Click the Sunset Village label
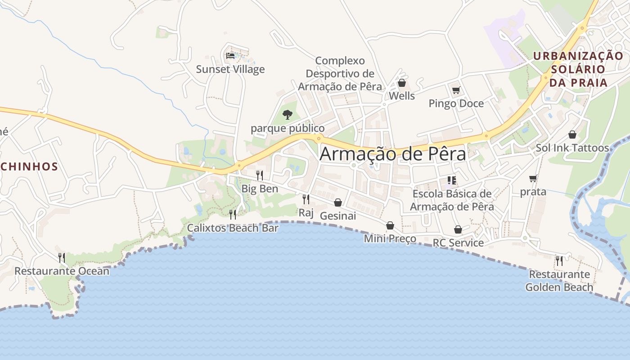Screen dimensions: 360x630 coord(230,69)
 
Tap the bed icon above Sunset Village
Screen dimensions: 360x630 coord(230,56)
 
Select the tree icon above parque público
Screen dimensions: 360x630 coord(287,115)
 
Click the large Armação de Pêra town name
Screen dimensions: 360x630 coord(393,154)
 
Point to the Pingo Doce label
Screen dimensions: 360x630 coord(456,103)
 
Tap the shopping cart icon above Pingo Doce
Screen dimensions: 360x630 coord(456,90)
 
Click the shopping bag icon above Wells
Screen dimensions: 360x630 coord(402,83)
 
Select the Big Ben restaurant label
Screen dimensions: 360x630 coord(260,189)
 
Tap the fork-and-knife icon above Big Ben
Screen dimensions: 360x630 coord(260,175)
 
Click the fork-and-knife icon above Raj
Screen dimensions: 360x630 coord(306,199)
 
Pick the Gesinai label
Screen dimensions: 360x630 coord(337,216)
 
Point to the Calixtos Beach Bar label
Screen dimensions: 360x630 coord(233,228)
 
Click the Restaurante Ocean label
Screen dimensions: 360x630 coord(62,271)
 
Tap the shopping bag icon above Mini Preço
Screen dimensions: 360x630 coord(390,225)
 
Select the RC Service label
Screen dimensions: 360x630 coord(458,243)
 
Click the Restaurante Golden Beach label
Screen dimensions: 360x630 coord(559,280)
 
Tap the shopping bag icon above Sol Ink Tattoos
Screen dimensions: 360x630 coord(572,135)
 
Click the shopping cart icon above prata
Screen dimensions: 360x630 coord(533,178)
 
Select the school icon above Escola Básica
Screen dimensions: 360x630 coord(452,180)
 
